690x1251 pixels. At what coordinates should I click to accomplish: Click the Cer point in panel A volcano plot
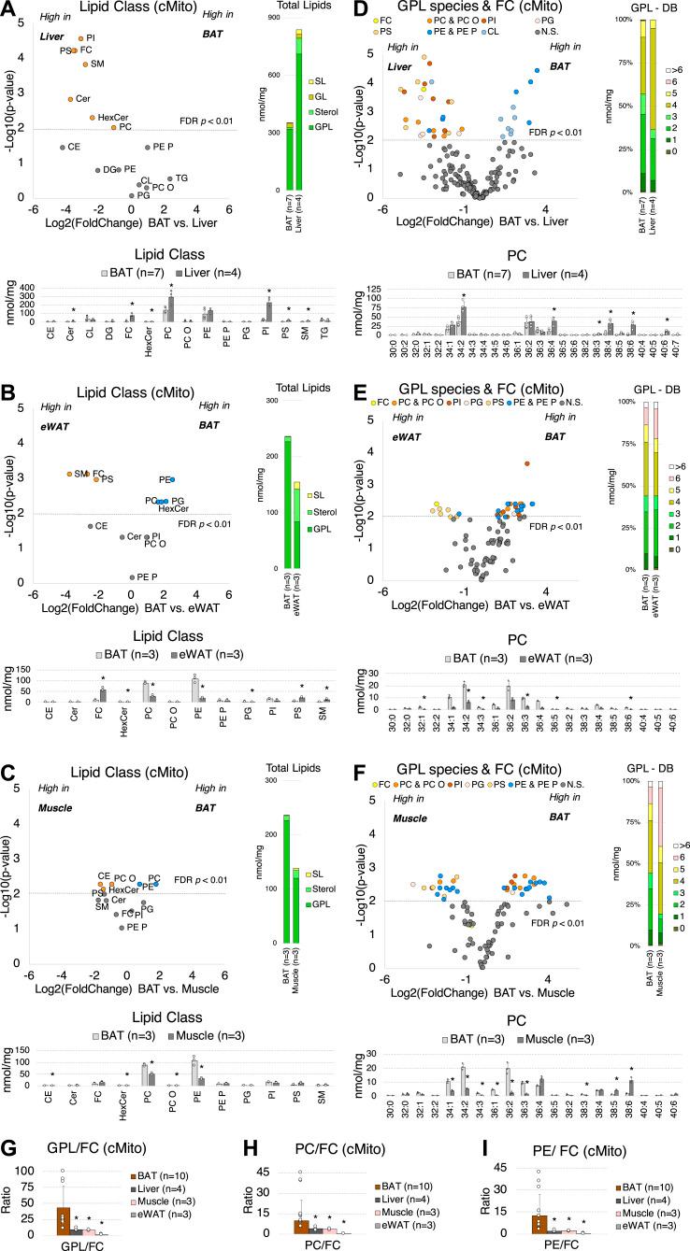[71, 99]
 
